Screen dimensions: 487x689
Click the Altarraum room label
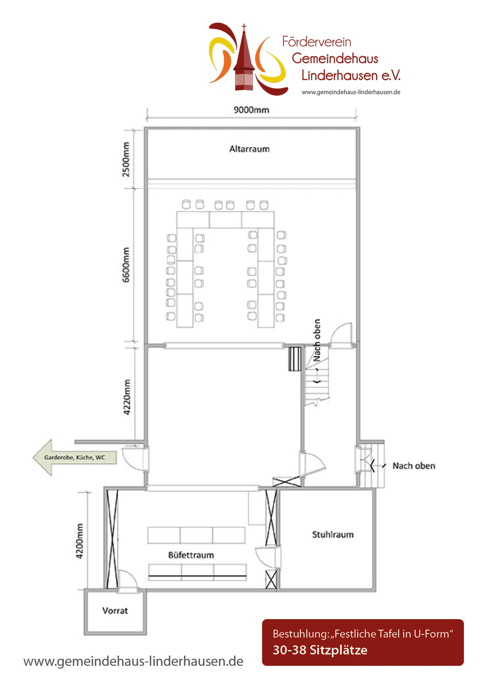pos(249,149)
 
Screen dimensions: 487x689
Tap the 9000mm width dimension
pos(251,110)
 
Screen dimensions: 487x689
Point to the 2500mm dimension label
pos(126,159)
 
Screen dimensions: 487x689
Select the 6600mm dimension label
pos(126,265)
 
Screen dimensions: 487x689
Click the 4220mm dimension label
pos(126,397)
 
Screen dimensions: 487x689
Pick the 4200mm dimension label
pos(79,541)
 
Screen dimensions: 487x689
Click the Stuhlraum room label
pos(333,535)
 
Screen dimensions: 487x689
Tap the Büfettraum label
pos(191,555)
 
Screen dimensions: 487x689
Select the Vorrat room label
pos(115,611)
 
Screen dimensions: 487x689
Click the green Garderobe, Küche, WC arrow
pos(75,457)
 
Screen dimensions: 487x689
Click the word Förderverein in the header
pos(317,42)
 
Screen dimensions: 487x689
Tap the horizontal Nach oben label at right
pos(414,466)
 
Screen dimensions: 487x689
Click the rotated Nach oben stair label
pos(317,340)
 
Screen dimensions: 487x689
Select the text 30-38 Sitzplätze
pos(320,650)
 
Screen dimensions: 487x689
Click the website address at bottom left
pos(134,662)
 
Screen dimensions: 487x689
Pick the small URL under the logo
pos(351,92)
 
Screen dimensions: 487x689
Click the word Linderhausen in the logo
pos(351,75)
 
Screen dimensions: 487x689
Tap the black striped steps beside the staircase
pos(295,359)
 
